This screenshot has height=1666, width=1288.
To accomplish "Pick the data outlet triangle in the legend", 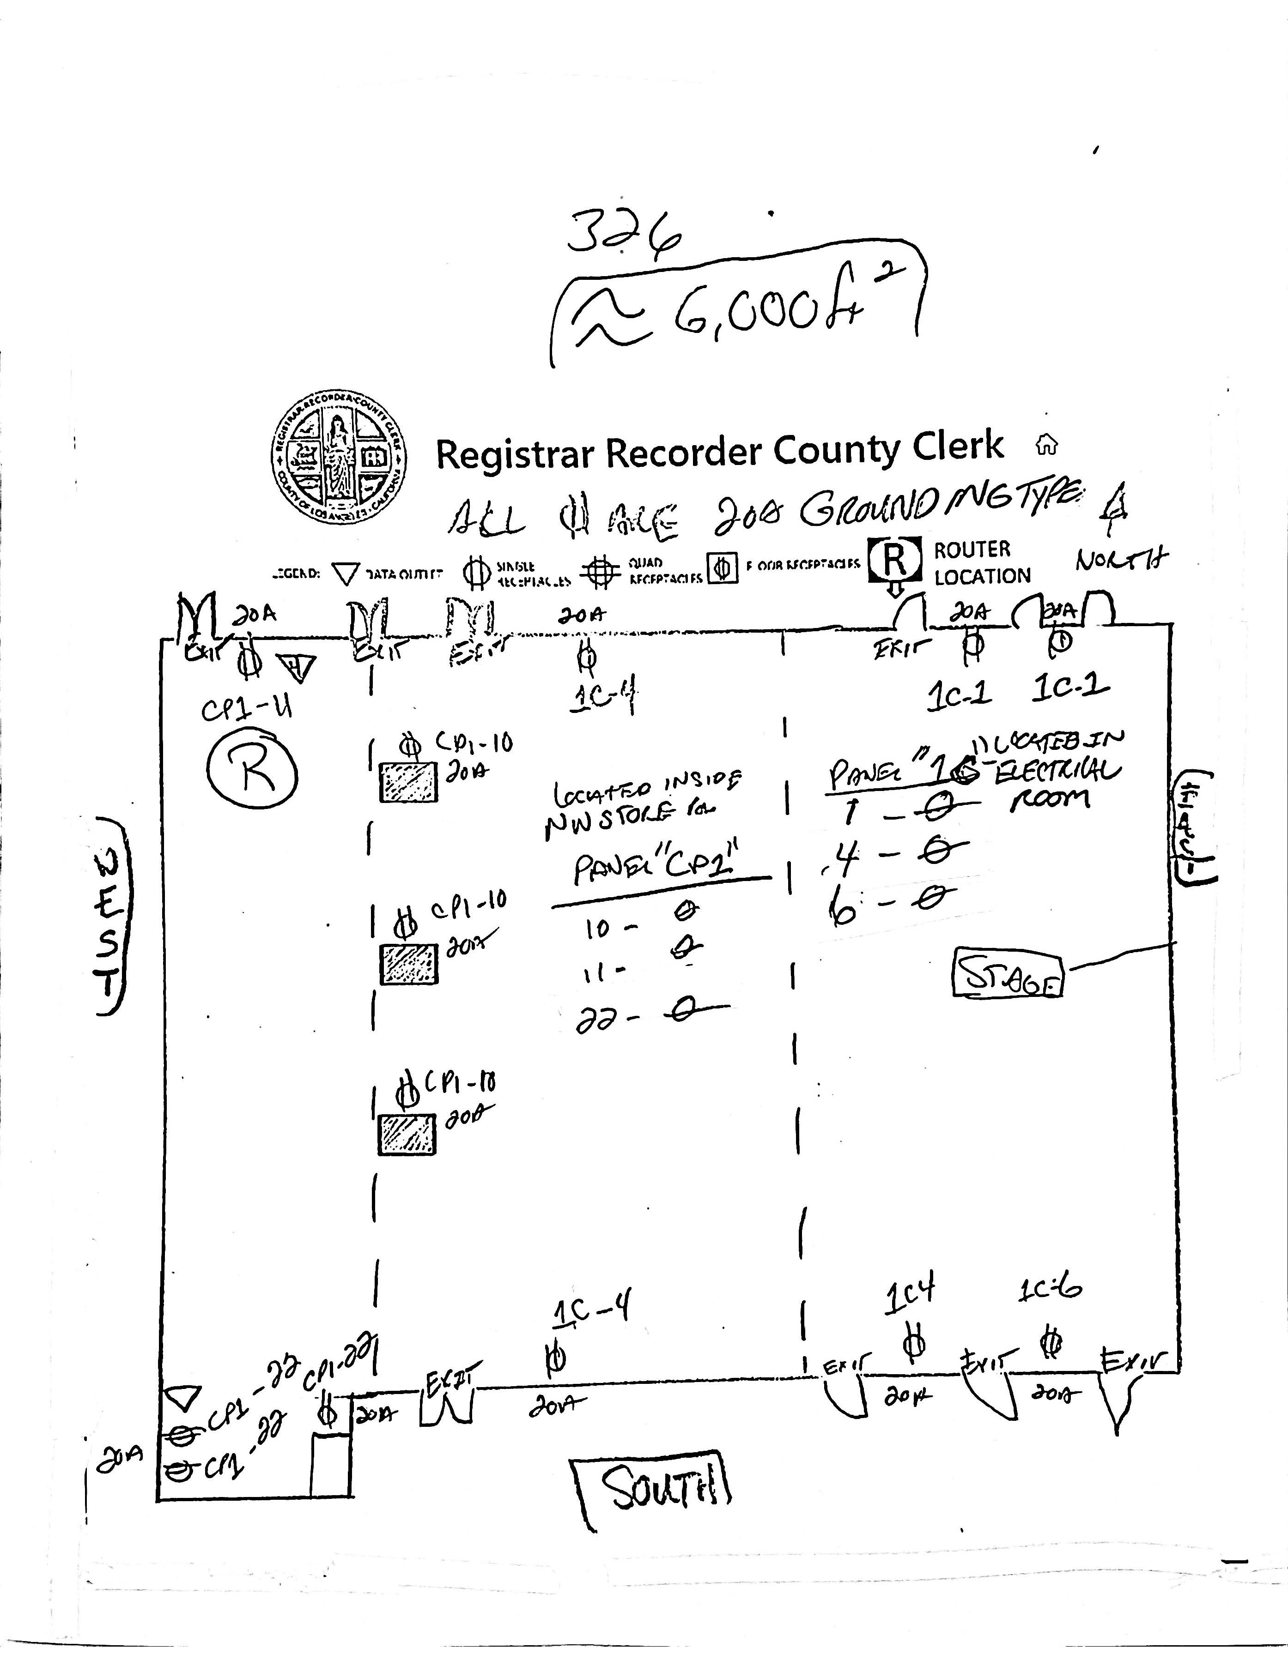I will [x=347, y=573].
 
